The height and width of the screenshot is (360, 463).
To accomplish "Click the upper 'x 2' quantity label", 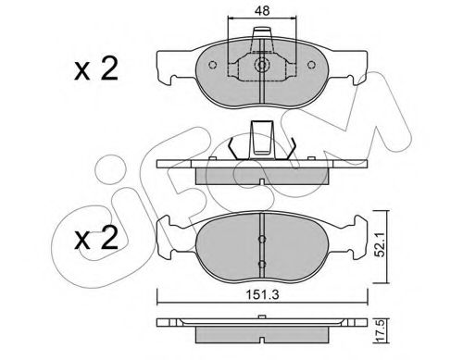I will [95, 69].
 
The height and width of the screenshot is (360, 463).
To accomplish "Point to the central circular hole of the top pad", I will [263, 67].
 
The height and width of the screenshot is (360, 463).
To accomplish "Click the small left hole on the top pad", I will [215, 65].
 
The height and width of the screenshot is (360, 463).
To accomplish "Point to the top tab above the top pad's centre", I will [263, 41].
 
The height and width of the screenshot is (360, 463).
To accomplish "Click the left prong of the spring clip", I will [231, 147].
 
